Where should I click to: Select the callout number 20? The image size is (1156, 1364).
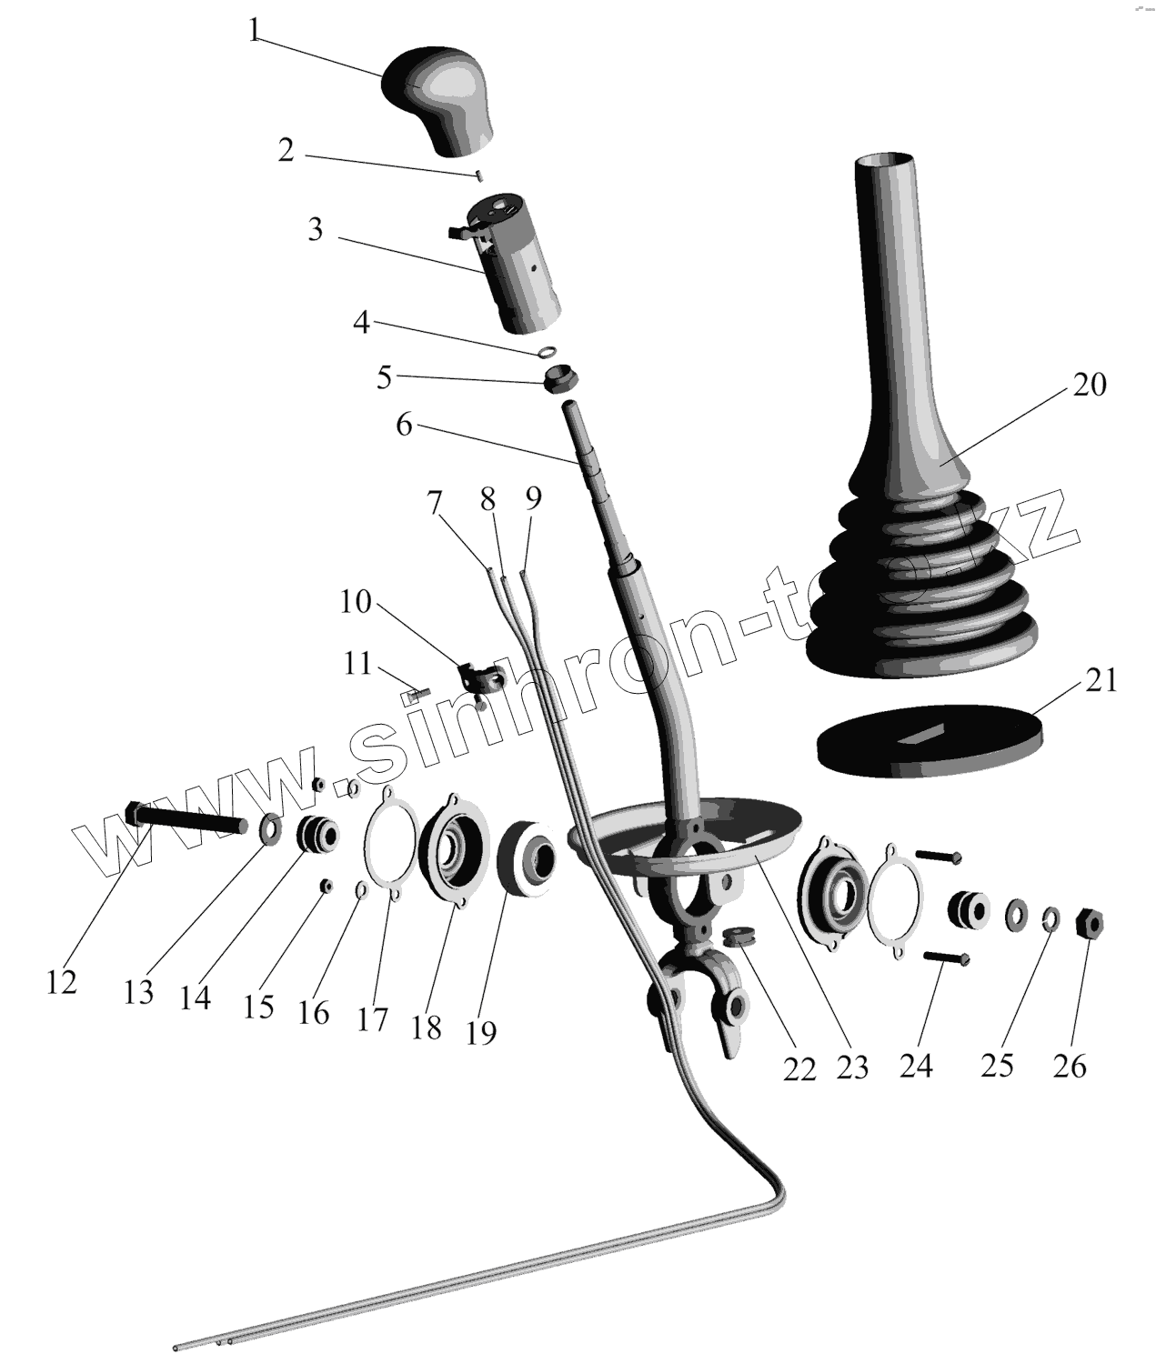[x=1089, y=385]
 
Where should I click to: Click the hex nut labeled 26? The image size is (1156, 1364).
[x=1088, y=925]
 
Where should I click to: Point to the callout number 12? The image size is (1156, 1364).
[x=62, y=982]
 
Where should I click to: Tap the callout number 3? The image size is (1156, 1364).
[x=315, y=229]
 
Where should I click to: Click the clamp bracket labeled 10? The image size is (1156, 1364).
[x=478, y=678]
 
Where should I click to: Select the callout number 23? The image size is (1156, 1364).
[x=853, y=1066]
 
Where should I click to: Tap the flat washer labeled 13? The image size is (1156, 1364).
[x=271, y=828]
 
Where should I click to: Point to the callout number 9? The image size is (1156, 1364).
[x=533, y=498]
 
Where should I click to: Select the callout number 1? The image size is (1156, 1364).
[x=256, y=30]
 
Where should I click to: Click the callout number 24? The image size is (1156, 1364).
[x=916, y=1065]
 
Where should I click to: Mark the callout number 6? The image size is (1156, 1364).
[x=404, y=424]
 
